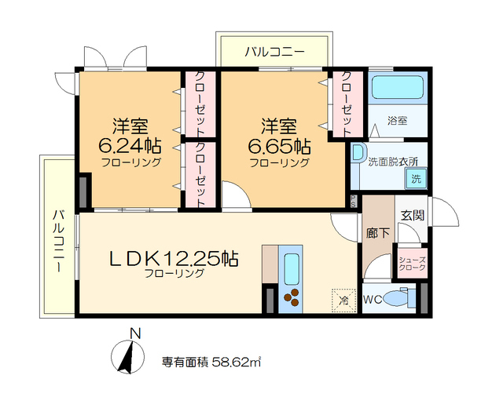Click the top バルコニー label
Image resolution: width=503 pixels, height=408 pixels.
tap(273, 53)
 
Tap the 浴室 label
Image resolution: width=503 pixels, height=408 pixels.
tap(398, 122)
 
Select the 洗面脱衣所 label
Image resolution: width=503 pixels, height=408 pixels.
tap(393, 162)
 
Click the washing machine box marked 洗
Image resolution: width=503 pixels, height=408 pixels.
tap(413, 178)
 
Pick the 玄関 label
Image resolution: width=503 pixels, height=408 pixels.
tap(412, 213)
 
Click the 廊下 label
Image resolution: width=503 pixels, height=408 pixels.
tap(376, 232)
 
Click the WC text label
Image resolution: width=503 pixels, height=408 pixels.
tap(373, 299)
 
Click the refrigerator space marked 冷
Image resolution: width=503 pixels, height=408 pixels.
tap(343, 299)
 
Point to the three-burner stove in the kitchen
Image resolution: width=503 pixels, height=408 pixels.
tap(292, 299)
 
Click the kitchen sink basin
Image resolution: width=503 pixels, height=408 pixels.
tap(292, 270)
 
